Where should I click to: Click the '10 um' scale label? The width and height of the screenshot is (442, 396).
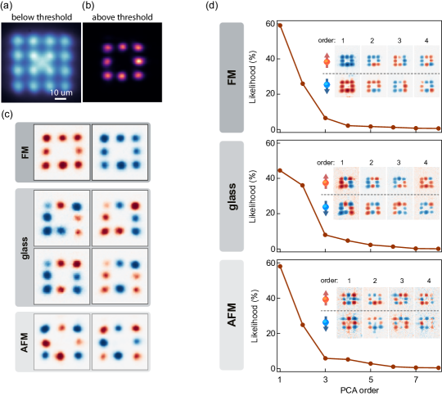(61, 93)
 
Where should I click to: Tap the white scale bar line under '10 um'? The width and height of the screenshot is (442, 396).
(61, 100)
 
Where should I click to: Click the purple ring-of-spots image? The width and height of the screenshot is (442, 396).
(122, 61)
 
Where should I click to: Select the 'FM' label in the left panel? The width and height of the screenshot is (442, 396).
(24, 152)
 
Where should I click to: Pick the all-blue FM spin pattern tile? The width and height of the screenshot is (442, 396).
(119, 152)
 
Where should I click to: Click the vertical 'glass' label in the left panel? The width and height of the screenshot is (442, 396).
(24, 246)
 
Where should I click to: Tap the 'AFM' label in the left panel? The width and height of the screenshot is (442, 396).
(24, 341)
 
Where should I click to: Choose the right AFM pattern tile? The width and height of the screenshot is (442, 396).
(119, 341)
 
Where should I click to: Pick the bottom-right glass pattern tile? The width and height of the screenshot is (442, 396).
(119, 275)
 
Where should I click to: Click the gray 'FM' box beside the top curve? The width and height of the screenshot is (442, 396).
(232, 78)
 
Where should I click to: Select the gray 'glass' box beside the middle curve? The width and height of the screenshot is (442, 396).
(232, 196)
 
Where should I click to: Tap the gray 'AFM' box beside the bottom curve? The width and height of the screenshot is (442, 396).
(232, 315)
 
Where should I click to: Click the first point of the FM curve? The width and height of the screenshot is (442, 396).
(281, 25)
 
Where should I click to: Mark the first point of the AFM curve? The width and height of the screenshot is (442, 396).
(281, 266)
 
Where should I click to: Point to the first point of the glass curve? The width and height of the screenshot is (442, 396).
(281, 170)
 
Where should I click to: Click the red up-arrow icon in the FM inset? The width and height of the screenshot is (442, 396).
(327, 61)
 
